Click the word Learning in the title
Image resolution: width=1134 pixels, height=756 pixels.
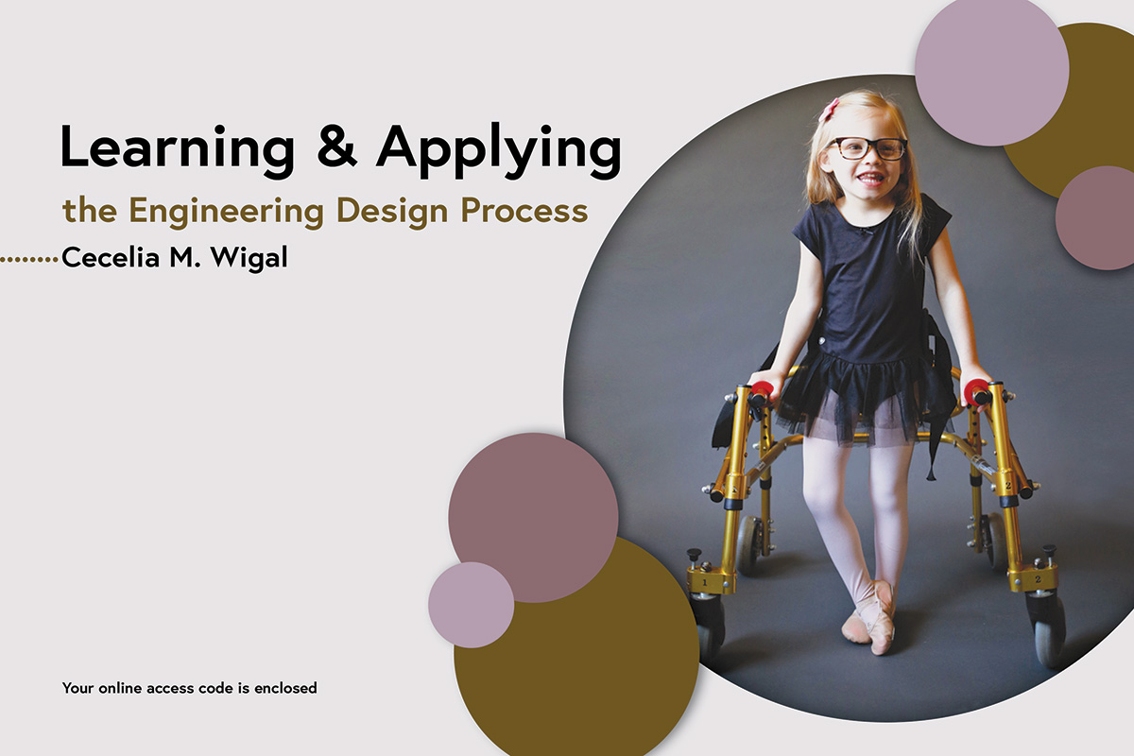(178, 149)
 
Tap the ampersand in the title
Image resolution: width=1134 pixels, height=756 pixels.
(336, 146)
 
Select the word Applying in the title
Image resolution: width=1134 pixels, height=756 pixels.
(499, 150)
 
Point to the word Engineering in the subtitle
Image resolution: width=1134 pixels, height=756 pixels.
(226, 213)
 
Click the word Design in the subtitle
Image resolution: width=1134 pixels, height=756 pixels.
(392, 213)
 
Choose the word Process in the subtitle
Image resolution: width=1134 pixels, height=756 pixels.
(524, 210)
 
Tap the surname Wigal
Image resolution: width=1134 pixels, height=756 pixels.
(249, 259)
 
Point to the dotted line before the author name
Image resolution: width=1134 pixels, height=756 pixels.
(29, 260)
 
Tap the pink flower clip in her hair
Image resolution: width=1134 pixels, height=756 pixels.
(829, 109)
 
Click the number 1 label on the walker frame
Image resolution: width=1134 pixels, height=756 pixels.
(705, 583)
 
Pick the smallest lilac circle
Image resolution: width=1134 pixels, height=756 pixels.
(471, 605)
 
